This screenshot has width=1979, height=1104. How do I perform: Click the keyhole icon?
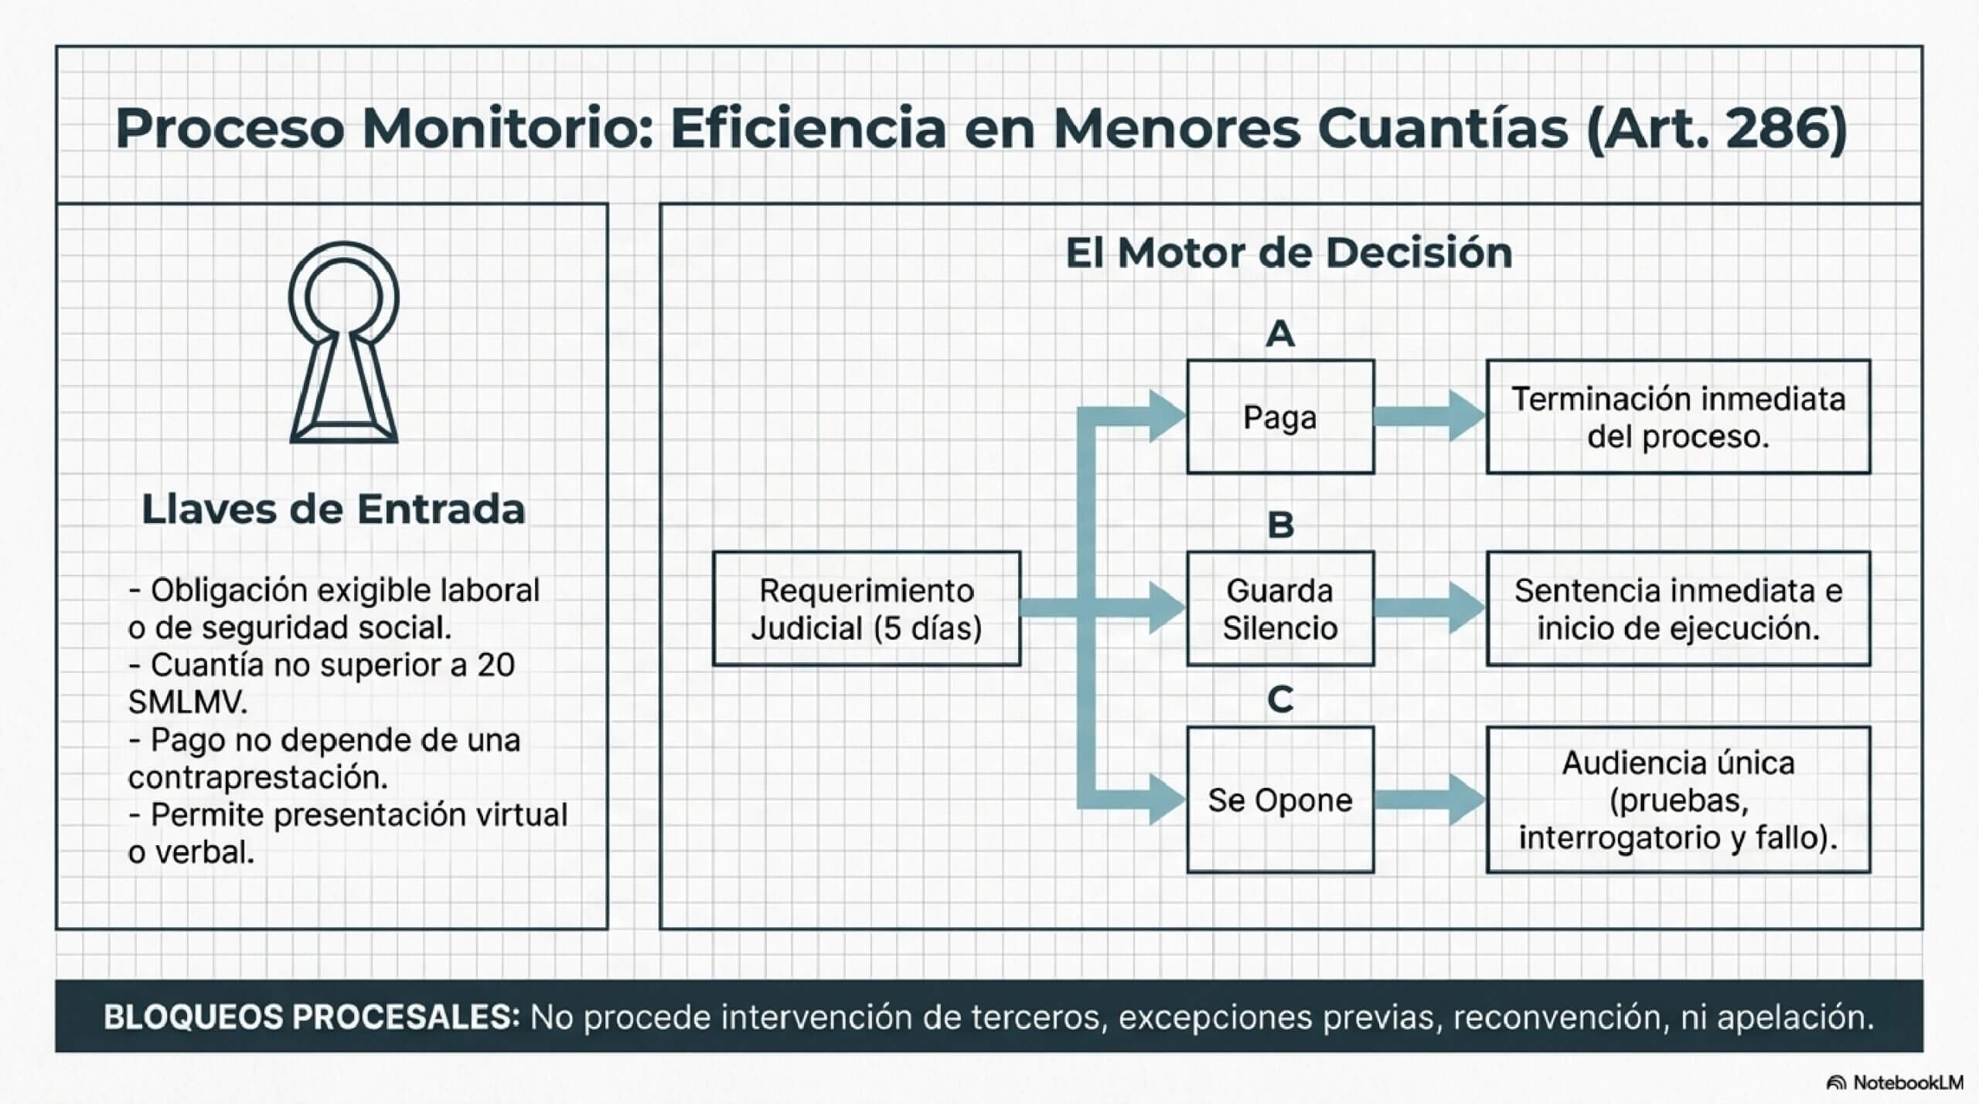click(x=343, y=343)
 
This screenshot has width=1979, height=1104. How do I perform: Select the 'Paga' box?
click(x=1280, y=417)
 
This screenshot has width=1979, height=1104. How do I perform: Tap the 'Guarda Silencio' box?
click(x=1280, y=609)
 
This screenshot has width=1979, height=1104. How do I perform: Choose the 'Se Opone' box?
click(x=1280, y=800)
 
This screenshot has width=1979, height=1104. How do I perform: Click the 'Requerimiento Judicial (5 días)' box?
click(x=867, y=609)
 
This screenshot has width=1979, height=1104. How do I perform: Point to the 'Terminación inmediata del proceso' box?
click(x=1678, y=417)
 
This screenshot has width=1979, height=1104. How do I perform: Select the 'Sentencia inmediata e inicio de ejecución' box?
click(x=1678, y=609)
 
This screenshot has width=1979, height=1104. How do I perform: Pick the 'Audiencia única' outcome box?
click(x=1678, y=800)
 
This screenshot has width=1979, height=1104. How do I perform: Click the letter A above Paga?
click(x=1280, y=334)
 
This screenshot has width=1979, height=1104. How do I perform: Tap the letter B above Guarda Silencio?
click(x=1280, y=525)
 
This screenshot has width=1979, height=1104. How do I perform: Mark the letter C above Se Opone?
click(x=1280, y=700)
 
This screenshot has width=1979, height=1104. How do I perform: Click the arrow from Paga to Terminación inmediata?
click(x=1430, y=417)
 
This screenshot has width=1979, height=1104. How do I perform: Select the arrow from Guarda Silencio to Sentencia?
click(x=1430, y=609)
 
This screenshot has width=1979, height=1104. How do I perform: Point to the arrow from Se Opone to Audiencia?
click(x=1430, y=800)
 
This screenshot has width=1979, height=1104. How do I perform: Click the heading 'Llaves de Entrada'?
click(x=333, y=510)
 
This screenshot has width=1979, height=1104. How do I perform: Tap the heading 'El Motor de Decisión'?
click(x=1289, y=253)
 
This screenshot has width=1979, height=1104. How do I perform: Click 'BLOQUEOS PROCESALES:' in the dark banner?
click(x=312, y=1017)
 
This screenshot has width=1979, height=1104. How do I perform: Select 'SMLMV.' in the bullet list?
click(x=188, y=702)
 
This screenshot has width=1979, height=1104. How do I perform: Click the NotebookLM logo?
click(x=1895, y=1083)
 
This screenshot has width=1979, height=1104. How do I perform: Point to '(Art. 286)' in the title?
click(x=1716, y=128)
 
